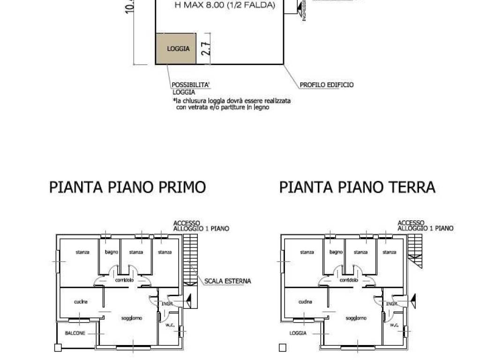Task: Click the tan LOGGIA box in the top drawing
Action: click(x=176, y=49)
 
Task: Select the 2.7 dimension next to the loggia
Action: click(x=205, y=49)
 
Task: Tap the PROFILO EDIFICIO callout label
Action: click(x=326, y=85)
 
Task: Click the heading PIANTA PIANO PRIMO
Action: click(x=127, y=187)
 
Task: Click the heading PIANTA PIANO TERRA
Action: click(x=357, y=187)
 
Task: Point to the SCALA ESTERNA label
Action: click(x=227, y=281)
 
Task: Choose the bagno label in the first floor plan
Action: click(x=112, y=252)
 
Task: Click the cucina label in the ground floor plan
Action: click(x=305, y=302)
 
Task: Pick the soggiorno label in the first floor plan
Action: click(x=132, y=318)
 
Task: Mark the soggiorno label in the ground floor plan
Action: click(x=356, y=318)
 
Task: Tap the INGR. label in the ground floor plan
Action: click(x=392, y=304)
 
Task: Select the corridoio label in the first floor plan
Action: click(x=124, y=280)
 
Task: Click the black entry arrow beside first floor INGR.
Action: click(x=188, y=298)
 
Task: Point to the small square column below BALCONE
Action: click(x=58, y=348)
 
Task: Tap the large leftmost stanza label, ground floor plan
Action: click(x=307, y=252)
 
